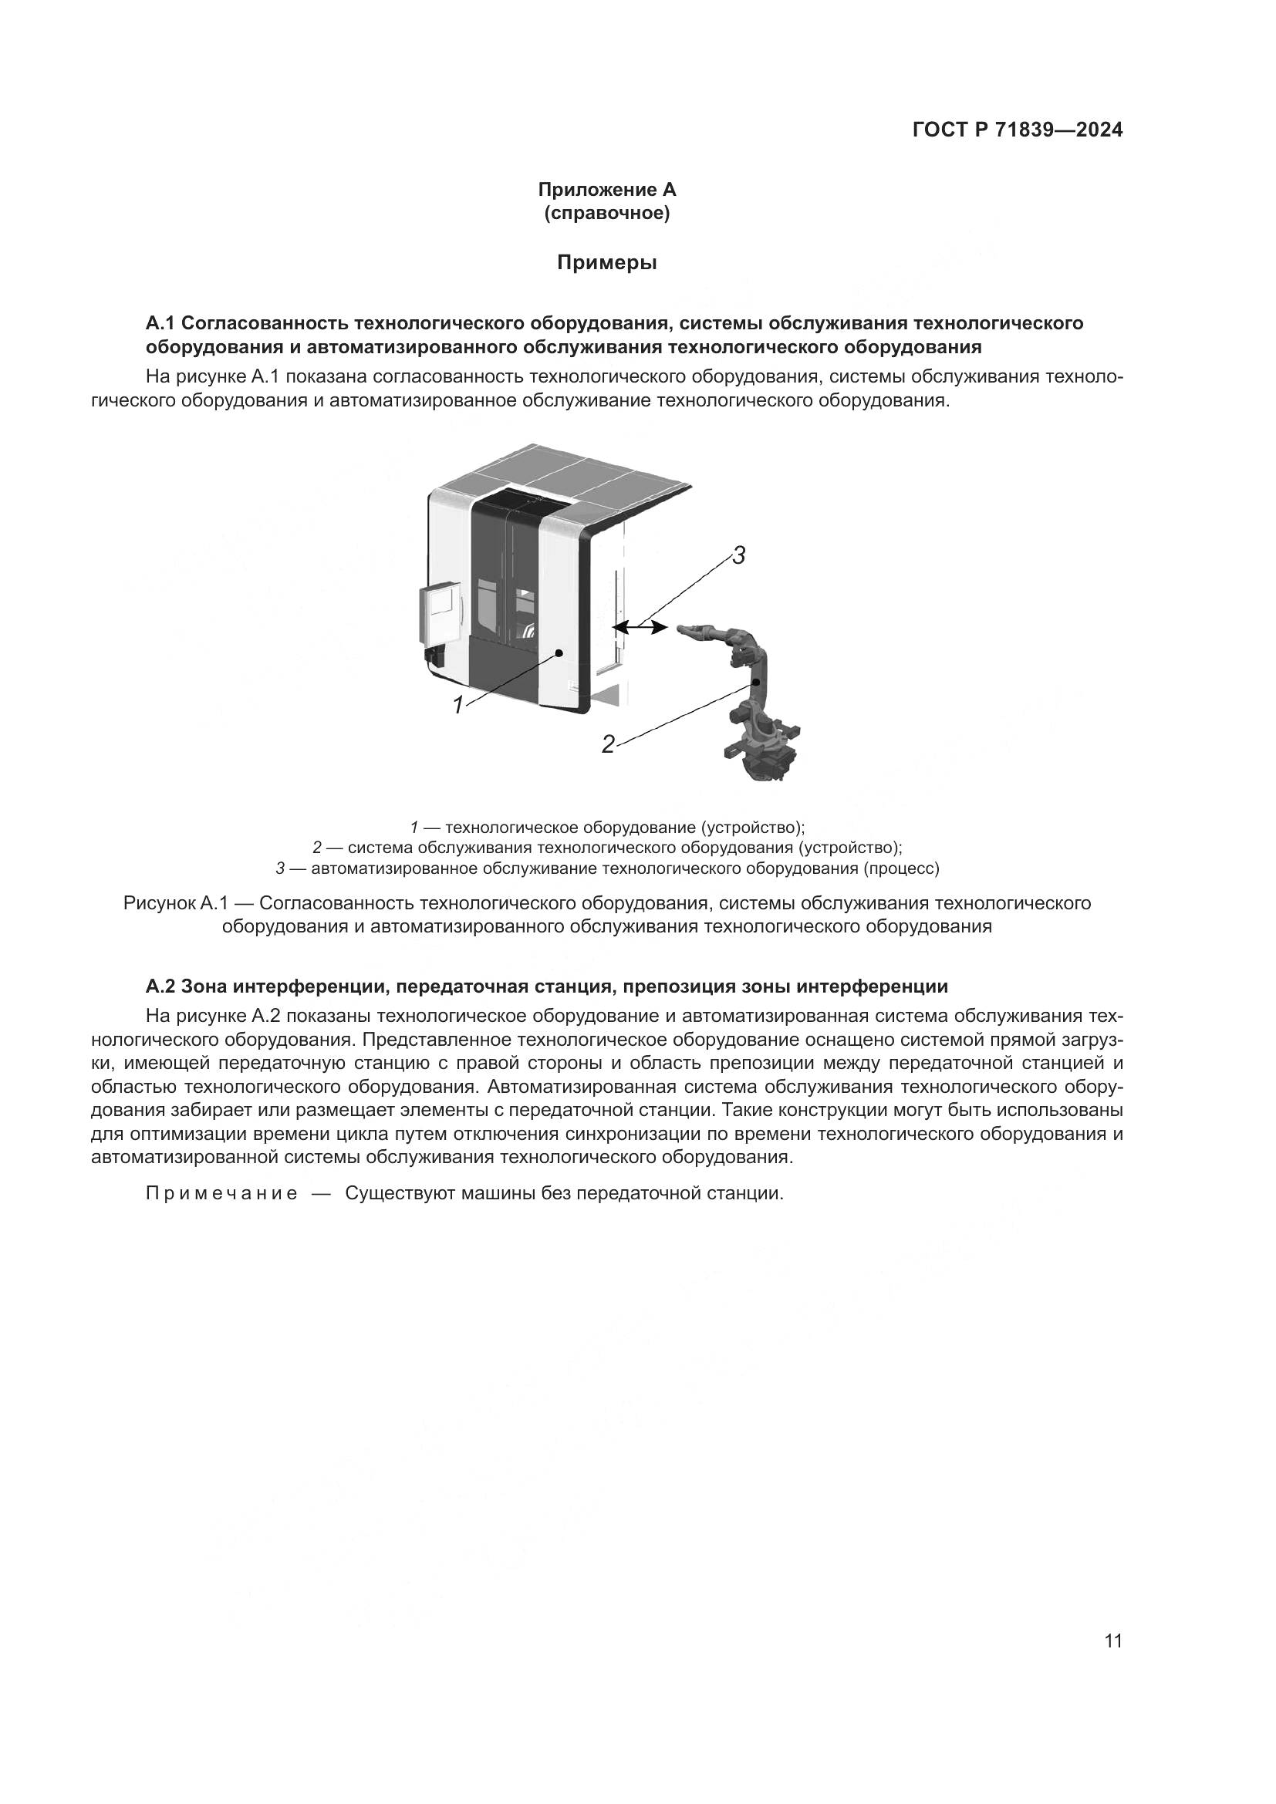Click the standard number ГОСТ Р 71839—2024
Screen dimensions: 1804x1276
pos(1017,130)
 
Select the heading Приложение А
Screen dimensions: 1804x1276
pos(606,190)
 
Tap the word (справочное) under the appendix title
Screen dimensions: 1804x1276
pos(606,213)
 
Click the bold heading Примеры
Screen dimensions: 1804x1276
pos(606,263)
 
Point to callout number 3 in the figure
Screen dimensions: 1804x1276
pos(738,556)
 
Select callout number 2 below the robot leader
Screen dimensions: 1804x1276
pos(607,744)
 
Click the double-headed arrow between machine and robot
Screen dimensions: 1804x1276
pos(640,626)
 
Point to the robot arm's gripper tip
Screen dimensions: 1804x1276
pos(680,628)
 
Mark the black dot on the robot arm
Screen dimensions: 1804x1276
pos(754,683)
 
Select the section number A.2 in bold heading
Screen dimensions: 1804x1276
pos(163,986)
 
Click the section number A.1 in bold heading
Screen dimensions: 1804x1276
pos(163,323)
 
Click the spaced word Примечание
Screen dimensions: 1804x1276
pos(221,1193)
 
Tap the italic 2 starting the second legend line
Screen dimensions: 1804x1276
pos(316,848)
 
